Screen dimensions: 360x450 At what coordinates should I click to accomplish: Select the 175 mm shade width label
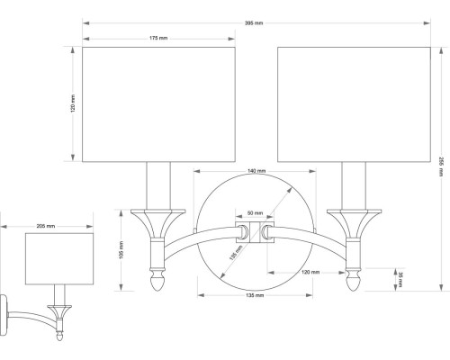pyautogui.click(x=159, y=39)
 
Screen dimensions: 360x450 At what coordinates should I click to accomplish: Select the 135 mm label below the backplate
pyautogui.click(x=255, y=295)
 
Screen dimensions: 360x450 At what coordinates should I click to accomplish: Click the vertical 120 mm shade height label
pyautogui.click(x=73, y=104)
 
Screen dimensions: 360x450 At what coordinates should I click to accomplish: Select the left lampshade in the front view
pyautogui.click(x=159, y=104)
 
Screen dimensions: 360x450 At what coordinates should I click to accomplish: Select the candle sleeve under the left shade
pyautogui.click(x=159, y=184)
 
